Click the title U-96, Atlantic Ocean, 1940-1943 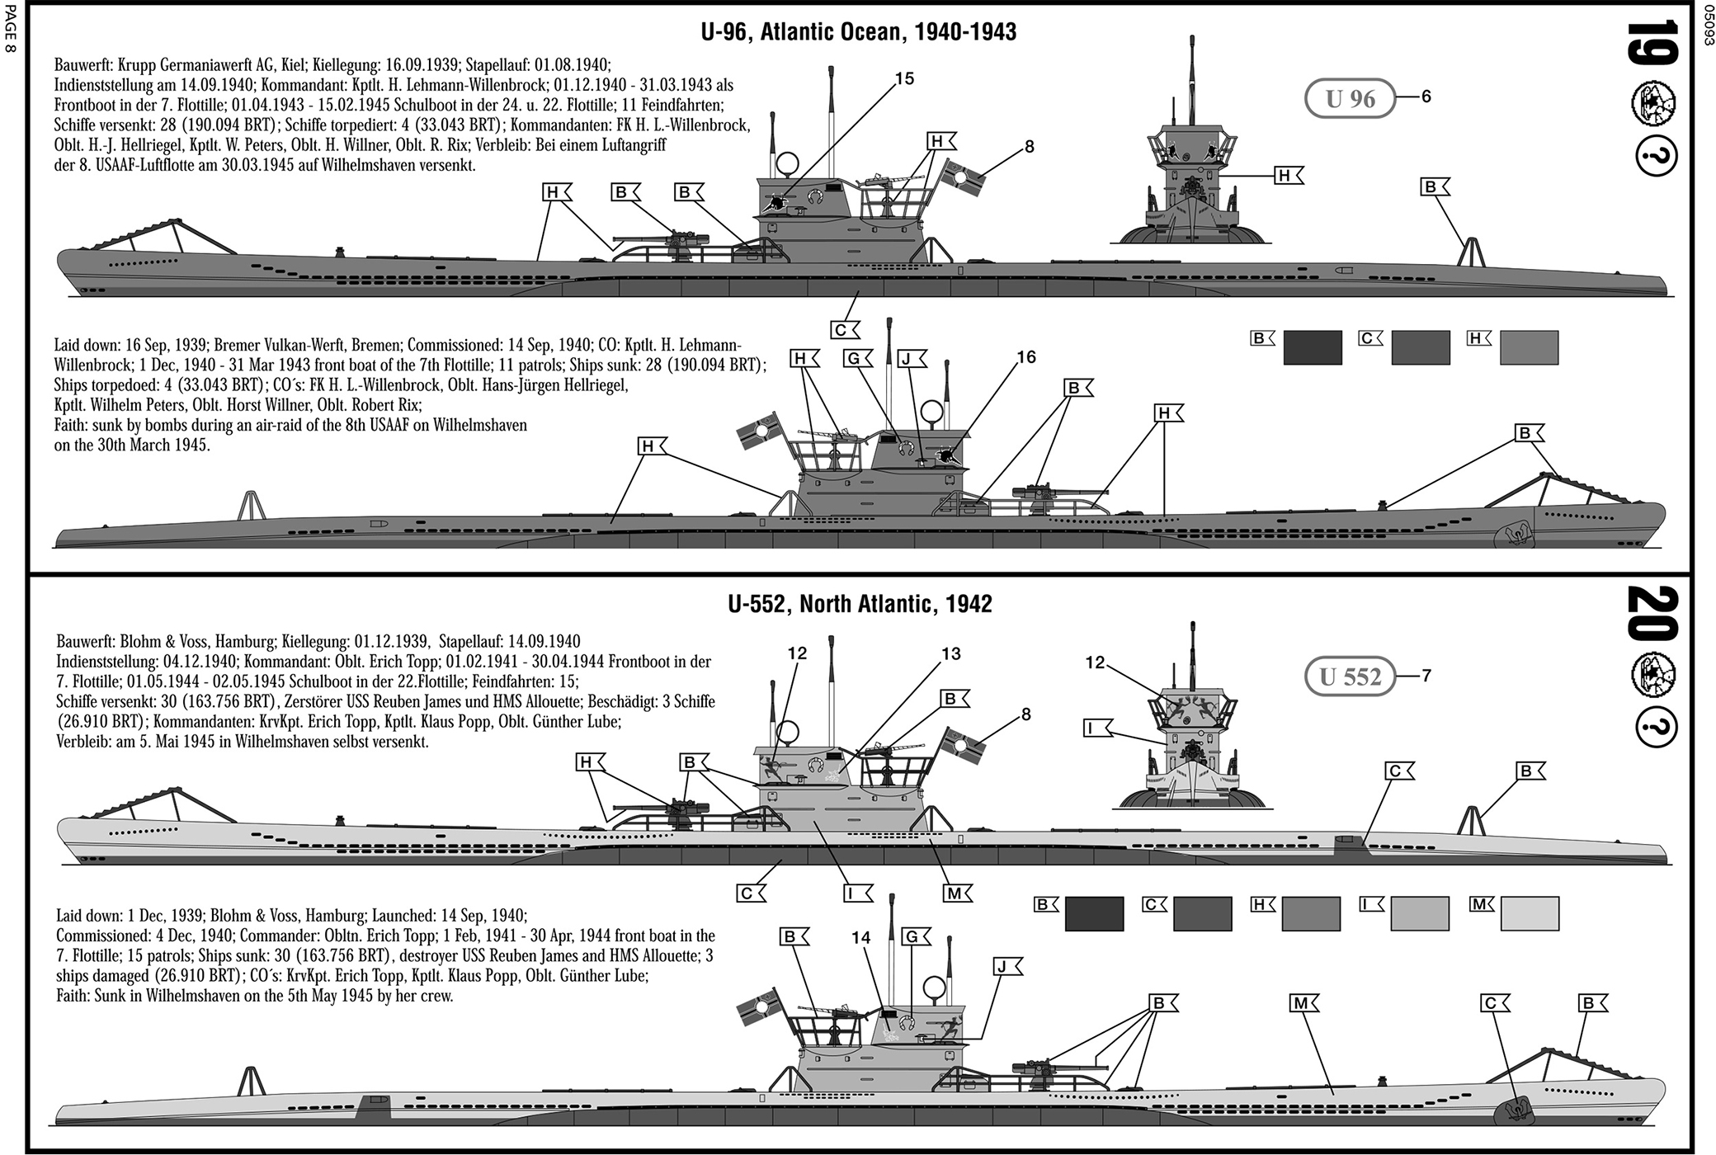click(x=858, y=32)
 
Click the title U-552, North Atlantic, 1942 click(x=860, y=604)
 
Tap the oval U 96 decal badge click(x=1350, y=99)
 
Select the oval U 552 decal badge click(x=1350, y=676)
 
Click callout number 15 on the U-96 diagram click(x=904, y=79)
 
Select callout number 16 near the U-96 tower click(x=1026, y=357)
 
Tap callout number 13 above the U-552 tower click(x=951, y=654)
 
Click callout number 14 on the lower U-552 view click(x=861, y=937)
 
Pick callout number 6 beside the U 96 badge click(x=1426, y=97)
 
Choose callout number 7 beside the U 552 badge click(x=1426, y=676)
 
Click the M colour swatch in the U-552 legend click(x=1530, y=914)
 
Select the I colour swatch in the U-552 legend click(x=1420, y=914)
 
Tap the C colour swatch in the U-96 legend click(x=1421, y=347)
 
